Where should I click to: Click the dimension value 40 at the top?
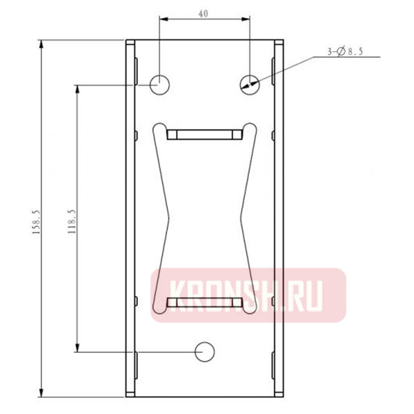203,14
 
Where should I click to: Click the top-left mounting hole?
159,84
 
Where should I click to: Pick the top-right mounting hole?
250,84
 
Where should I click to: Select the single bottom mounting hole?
205,351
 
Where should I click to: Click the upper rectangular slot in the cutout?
204,133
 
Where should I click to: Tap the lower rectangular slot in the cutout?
204,302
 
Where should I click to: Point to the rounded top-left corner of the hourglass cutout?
158,128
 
